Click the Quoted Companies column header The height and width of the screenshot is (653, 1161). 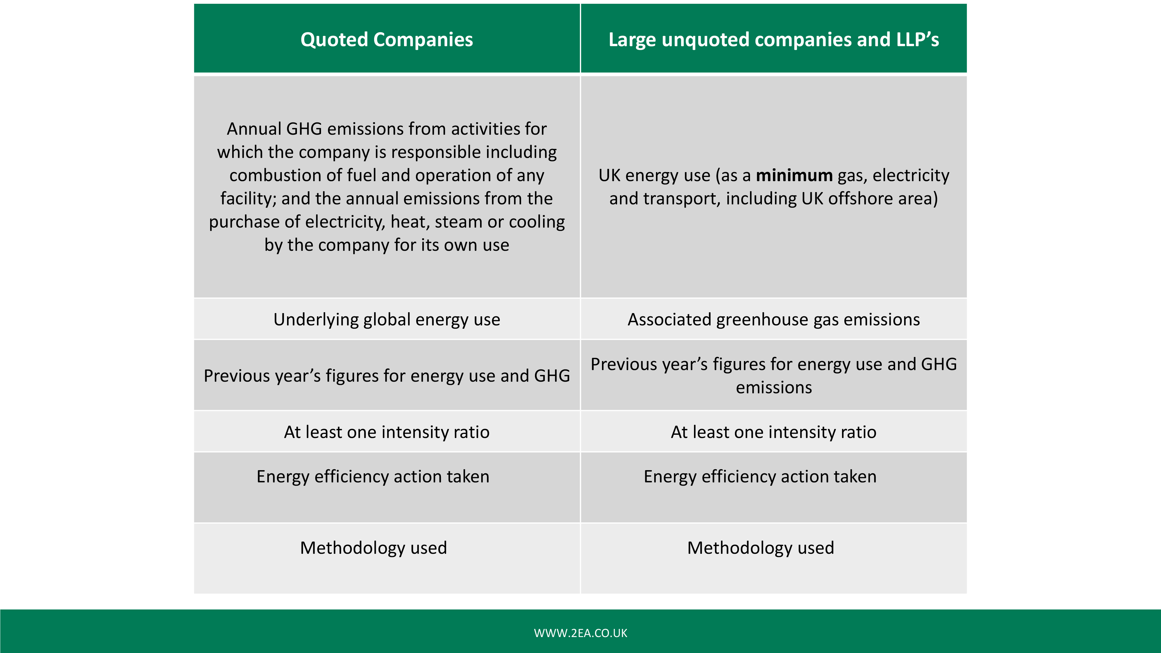(x=387, y=40)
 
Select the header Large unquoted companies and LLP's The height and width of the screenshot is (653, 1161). (x=774, y=40)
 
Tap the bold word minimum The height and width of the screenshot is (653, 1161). (x=794, y=175)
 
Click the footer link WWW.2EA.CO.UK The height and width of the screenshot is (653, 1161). (x=580, y=633)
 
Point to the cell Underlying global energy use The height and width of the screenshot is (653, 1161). (x=387, y=320)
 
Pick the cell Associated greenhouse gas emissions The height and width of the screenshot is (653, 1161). (x=774, y=320)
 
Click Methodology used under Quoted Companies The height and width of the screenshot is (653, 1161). (x=374, y=548)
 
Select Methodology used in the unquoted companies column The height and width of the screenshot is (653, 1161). (x=761, y=548)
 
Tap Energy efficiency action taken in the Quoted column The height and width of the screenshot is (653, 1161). (x=373, y=477)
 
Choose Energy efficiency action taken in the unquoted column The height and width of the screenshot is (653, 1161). (x=760, y=477)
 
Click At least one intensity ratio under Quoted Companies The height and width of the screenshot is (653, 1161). (x=387, y=432)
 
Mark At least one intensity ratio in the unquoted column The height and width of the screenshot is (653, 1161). (x=774, y=432)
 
